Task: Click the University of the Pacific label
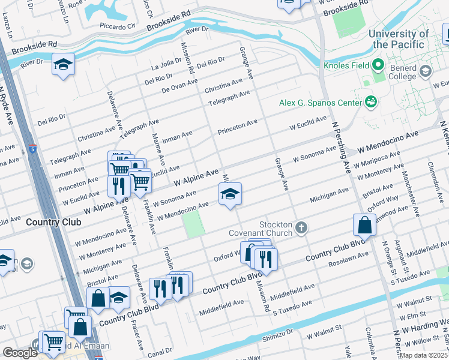pos(399,40)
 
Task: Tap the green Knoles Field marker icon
pos(378,64)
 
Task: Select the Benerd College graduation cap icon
pos(426,72)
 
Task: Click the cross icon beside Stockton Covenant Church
pos(301,227)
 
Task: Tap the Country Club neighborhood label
pos(50,222)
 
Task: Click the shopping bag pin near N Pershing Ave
pos(364,226)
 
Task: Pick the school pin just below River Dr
pos(62,65)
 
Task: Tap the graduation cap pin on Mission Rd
pos(229,194)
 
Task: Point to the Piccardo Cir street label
pos(118,26)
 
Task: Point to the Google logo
pos(20,353)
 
